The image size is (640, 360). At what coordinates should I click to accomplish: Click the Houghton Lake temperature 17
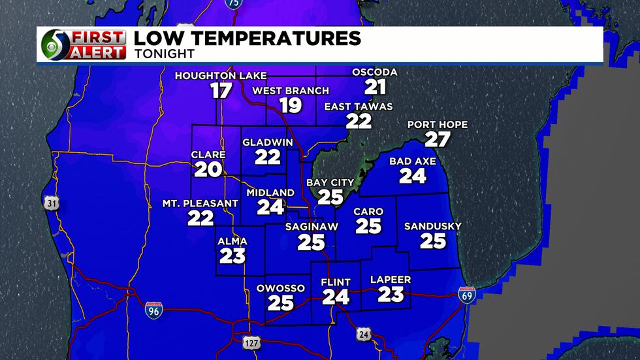[x=221, y=90]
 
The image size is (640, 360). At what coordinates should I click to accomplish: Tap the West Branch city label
[x=291, y=91]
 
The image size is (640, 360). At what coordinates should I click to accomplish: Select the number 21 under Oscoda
[x=375, y=86]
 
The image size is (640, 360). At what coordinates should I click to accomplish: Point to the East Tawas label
[x=359, y=107]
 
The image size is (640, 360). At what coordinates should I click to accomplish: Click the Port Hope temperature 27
[x=437, y=139]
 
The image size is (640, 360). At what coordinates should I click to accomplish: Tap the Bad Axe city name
[x=412, y=161]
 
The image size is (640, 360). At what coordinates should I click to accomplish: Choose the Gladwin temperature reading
[x=267, y=157]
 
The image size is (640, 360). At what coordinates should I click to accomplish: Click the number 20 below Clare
[x=208, y=170]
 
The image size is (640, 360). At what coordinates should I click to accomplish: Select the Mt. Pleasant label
[x=200, y=204]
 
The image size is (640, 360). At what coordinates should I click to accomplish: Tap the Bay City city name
[x=330, y=183]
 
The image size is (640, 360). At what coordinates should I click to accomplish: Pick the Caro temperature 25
[x=368, y=226]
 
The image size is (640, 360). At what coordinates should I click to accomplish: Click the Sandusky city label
[x=432, y=227]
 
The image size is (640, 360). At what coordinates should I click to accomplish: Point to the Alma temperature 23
[x=232, y=255]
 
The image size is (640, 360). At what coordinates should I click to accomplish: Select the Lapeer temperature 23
[x=391, y=294]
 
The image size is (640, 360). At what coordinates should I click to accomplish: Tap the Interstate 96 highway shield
[x=153, y=310]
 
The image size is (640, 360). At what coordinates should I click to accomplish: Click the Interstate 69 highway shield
[x=466, y=295]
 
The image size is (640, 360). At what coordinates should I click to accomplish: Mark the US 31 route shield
[x=52, y=204]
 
